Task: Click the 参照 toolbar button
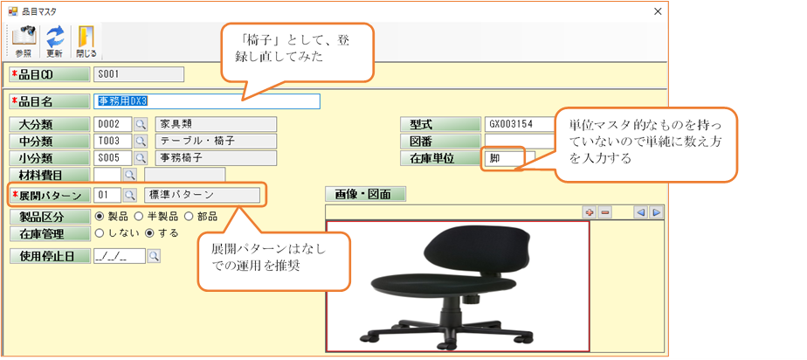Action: pyautogui.click(x=24, y=42)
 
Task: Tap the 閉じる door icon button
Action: pyautogui.click(x=86, y=42)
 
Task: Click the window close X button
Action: pyautogui.click(x=658, y=12)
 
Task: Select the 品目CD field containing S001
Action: pyautogui.click(x=139, y=74)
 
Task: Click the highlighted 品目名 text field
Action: pyautogui.click(x=206, y=101)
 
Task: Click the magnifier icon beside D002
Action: pyautogui.click(x=140, y=125)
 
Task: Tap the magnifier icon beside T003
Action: pyautogui.click(x=140, y=141)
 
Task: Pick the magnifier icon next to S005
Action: pyautogui.click(x=140, y=157)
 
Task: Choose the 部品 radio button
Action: pyautogui.click(x=189, y=217)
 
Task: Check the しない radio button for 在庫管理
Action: pyautogui.click(x=100, y=232)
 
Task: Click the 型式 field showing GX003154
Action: pyautogui.click(x=519, y=125)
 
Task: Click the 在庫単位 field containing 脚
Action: pyautogui.click(x=509, y=159)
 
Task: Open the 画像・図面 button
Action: pyautogui.click(x=366, y=194)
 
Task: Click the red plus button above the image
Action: pyautogui.click(x=590, y=212)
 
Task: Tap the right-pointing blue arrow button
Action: pyautogui.click(x=656, y=212)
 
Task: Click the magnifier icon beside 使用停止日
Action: pyautogui.click(x=154, y=256)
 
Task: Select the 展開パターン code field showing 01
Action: pyautogui.click(x=107, y=195)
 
